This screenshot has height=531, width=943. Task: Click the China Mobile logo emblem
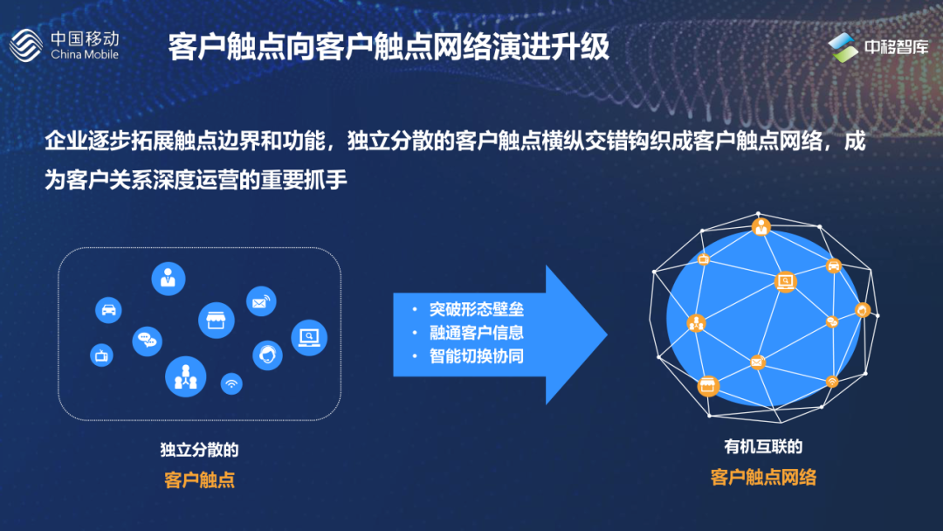click(x=27, y=45)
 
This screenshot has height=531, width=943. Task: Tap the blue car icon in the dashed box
click(x=108, y=309)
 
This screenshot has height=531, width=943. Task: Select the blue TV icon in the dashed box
click(x=102, y=355)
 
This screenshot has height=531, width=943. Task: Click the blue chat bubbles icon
click(x=147, y=340)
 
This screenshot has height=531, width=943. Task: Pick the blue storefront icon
click(x=217, y=321)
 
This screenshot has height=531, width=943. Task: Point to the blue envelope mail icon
click(x=261, y=302)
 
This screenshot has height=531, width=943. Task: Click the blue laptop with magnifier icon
click(x=309, y=337)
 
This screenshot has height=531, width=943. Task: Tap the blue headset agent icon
click(x=267, y=355)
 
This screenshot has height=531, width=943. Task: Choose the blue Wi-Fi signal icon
click(x=231, y=383)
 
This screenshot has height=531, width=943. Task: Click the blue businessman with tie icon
click(x=169, y=279)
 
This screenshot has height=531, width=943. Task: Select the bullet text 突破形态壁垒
click(x=476, y=310)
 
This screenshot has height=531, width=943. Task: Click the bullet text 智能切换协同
click(x=476, y=356)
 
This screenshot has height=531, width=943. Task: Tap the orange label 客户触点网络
click(x=763, y=477)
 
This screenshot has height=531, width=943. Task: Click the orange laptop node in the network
click(x=785, y=281)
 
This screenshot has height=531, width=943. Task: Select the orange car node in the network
click(x=834, y=265)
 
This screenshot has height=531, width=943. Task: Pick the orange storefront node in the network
click(x=707, y=385)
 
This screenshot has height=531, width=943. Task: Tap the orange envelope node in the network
click(x=757, y=362)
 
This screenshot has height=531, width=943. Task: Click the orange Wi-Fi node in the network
click(x=832, y=382)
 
